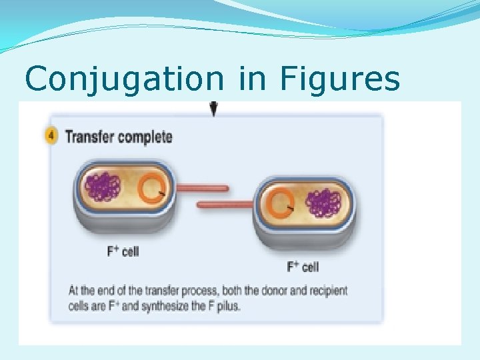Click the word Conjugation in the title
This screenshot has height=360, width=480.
click(124, 79)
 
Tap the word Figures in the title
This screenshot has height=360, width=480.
click(340, 79)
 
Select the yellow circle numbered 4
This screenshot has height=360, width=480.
click(51, 137)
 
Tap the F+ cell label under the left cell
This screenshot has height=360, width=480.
click(123, 251)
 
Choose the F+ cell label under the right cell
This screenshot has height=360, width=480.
click(303, 267)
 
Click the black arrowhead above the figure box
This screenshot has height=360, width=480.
click(213, 109)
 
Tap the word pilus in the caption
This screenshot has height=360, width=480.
click(227, 307)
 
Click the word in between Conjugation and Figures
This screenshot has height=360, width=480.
click(251, 79)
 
